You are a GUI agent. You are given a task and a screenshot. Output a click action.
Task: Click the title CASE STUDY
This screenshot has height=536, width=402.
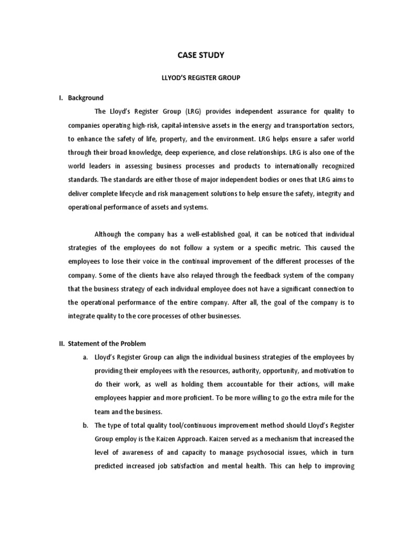pos(201,54)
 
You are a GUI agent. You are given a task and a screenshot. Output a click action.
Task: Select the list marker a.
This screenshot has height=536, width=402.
pos(85,357)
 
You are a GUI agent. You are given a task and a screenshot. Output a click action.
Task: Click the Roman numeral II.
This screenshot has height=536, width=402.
pos(60,343)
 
